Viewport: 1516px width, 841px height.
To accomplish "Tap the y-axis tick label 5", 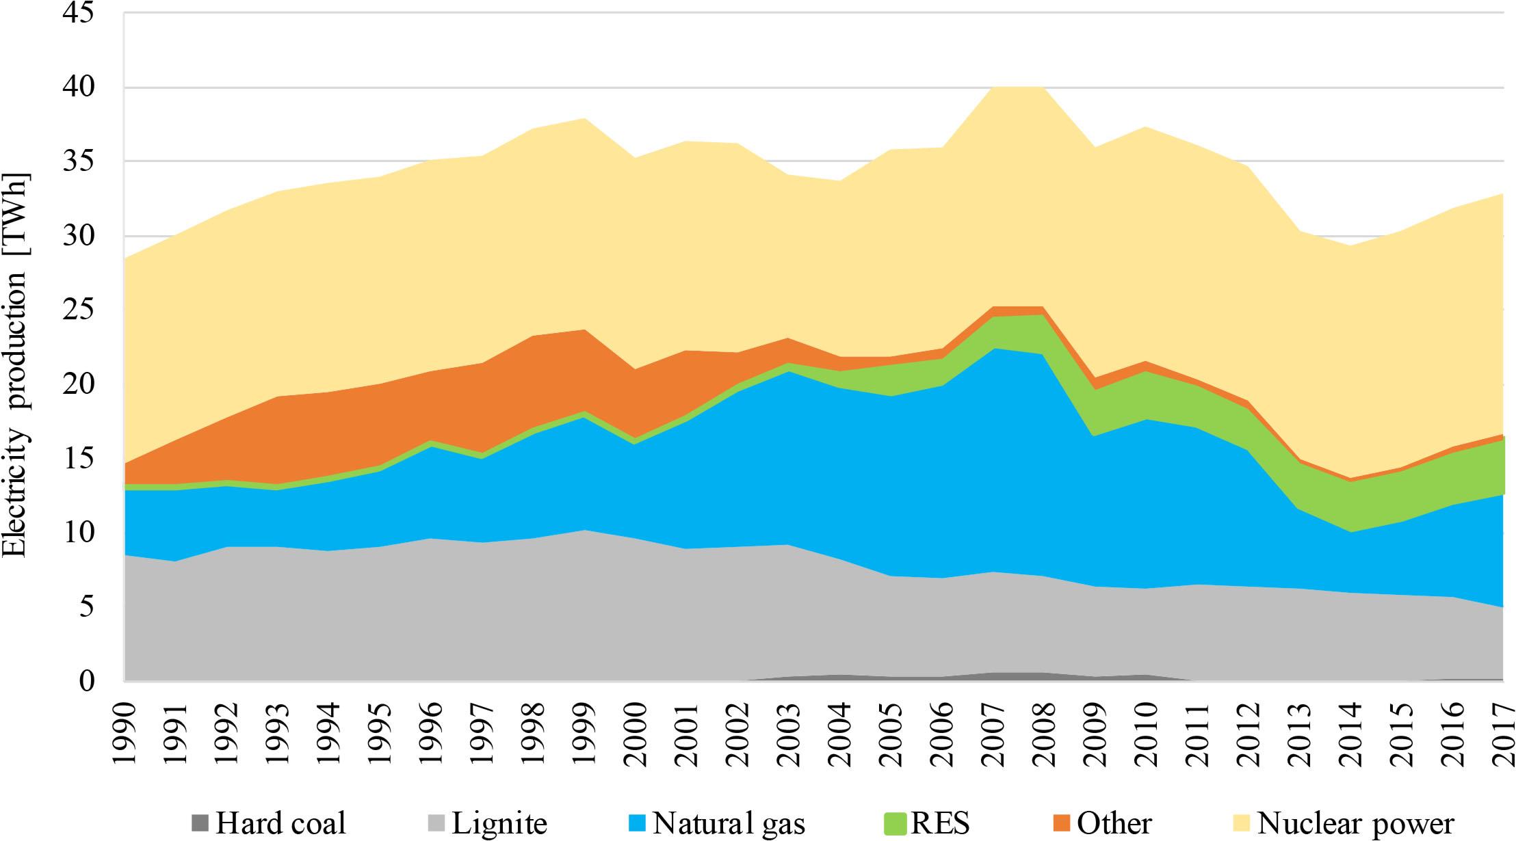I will pyautogui.click(x=86, y=606).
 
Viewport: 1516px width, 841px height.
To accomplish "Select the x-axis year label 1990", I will pyautogui.click(x=125, y=732).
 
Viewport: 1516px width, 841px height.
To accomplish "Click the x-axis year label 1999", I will pyautogui.click(x=585, y=732).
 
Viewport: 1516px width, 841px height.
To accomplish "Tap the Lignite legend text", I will pyautogui.click(x=499, y=823).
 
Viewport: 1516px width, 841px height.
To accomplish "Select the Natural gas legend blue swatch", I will pyautogui.click(x=638, y=823).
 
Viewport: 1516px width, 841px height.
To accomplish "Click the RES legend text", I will pyautogui.click(x=939, y=823).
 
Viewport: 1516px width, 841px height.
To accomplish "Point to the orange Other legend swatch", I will pyautogui.click(x=1062, y=823).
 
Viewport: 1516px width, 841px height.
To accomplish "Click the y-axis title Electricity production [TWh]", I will pyautogui.click(x=15, y=366).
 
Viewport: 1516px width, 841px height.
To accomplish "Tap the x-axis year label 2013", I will pyautogui.click(x=1300, y=732).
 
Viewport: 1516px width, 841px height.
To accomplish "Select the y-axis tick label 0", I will pyautogui.click(x=86, y=681).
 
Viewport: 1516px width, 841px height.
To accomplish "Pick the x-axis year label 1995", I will pyautogui.click(x=380, y=732).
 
